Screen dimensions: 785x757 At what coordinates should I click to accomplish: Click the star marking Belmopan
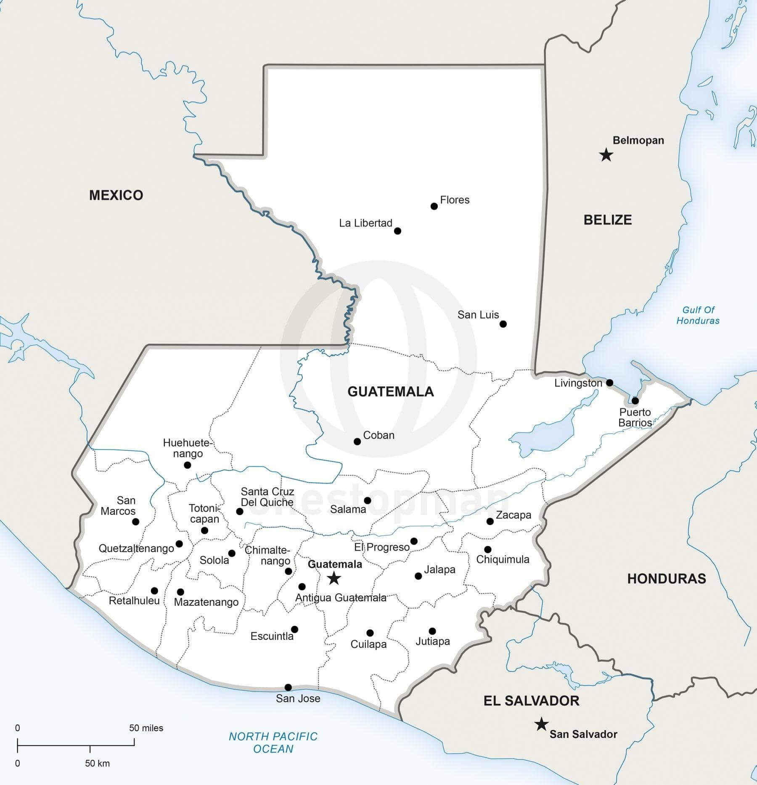point(606,155)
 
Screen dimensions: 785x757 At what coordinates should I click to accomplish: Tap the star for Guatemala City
point(334,578)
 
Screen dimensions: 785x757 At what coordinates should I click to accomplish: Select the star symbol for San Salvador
point(541,724)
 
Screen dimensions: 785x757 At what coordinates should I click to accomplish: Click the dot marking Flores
point(434,206)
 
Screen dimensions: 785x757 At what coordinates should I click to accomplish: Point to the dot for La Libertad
point(397,231)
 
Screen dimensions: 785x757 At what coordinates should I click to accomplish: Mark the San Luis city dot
point(503,324)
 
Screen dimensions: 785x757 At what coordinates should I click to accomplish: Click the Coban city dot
point(357,442)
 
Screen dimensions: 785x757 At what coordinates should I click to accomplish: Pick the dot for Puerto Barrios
point(635,400)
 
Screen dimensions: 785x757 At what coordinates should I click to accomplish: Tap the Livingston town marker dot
point(609,383)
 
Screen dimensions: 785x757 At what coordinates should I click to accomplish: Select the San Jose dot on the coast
point(288,687)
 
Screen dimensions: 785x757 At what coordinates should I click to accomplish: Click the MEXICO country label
point(116,195)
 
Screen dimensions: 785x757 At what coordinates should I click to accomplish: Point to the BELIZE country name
point(608,220)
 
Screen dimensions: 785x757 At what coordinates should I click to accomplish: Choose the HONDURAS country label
point(667,579)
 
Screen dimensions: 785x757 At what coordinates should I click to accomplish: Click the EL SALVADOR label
point(531,701)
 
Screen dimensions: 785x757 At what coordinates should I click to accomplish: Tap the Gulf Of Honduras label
point(698,315)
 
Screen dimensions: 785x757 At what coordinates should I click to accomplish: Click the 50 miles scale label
point(146,728)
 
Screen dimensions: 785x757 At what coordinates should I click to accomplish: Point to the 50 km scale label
point(97,763)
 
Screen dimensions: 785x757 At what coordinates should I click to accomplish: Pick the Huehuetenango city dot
point(188,465)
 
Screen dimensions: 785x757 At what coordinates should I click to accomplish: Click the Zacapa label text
point(513,515)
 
